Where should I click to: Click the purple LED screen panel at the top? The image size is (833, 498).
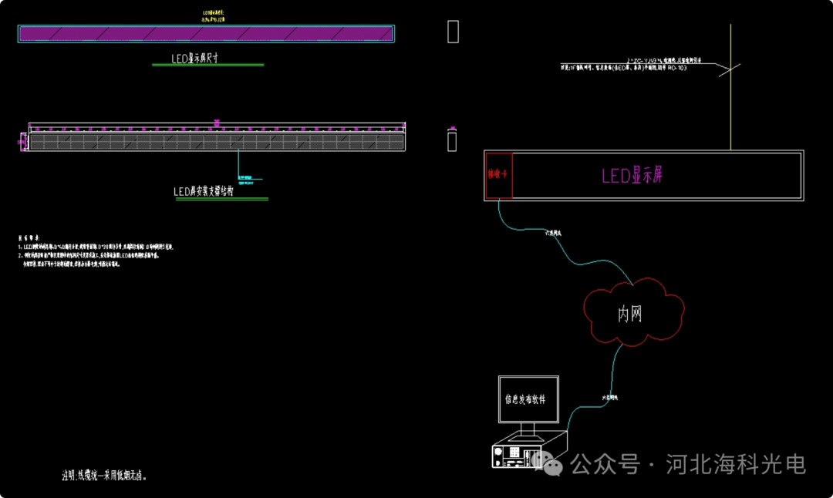(x=206, y=33)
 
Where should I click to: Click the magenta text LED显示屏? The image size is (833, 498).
(x=632, y=175)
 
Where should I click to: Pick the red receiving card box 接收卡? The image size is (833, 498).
(x=498, y=175)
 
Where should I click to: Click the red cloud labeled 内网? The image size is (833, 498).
(x=632, y=313)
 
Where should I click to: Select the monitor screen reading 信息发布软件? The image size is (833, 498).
(x=528, y=399)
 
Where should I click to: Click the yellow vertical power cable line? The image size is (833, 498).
(x=730, y=100)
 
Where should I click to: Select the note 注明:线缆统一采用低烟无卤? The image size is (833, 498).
(x=104, y=476)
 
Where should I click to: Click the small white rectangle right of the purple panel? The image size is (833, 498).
(x=453, y=32)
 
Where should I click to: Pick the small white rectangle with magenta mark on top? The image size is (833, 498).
(x=452, y=140)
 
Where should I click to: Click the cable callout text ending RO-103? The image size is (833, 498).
(x=625, y=68)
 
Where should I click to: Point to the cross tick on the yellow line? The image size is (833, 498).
(x=730, y=70)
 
